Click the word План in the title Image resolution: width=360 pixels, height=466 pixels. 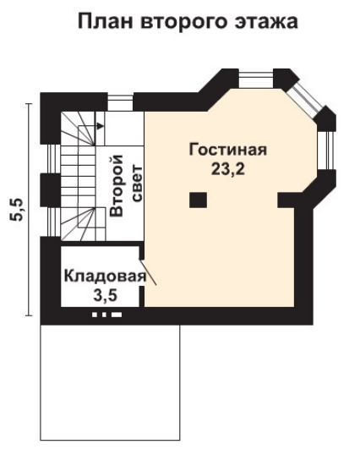105,21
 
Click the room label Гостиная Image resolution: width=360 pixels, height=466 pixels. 228,150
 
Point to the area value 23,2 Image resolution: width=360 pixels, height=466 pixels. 228,169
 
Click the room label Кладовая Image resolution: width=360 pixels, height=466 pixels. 105,277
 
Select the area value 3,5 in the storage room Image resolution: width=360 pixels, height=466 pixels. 105,296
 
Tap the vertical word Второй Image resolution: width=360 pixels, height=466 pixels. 117,186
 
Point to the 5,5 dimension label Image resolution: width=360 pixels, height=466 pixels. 16,210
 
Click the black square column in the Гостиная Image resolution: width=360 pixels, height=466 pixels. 198,200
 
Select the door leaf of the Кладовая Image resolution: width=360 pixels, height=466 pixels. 148,273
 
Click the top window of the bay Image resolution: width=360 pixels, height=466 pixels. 256,79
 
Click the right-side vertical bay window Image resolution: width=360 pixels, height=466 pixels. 327,151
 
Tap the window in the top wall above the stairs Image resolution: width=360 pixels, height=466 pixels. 120,103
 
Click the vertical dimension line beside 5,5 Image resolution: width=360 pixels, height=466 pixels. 29,210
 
